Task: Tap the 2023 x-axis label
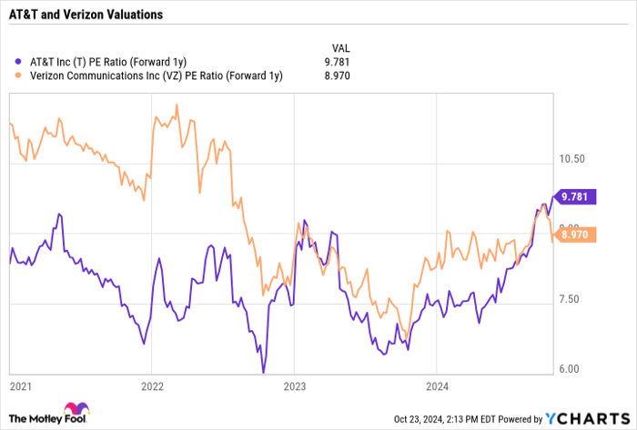(294, 386)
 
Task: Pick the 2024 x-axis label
(436, 386)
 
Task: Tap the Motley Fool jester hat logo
(69, 413)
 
